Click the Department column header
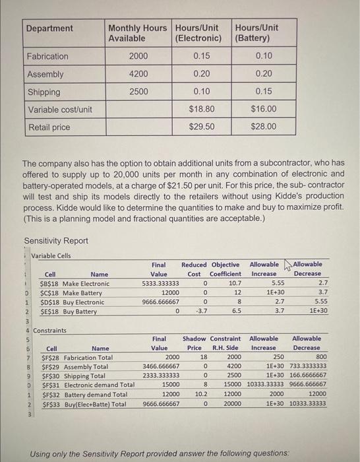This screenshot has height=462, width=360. tap(49, 28)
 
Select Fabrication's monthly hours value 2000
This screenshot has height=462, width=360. tap(138, 57)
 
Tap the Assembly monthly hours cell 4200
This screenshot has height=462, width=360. tap(138, 75)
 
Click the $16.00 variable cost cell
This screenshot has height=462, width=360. tap(263, 109)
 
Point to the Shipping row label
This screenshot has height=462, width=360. tap(44, 92)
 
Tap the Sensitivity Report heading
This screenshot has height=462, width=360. tap(57, 240)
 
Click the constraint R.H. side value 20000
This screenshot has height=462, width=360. tap(229, 403)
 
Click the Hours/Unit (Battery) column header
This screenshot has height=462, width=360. tap(256, 33)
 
